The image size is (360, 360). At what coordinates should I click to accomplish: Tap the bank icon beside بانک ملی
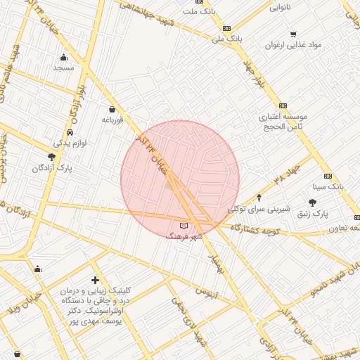[x=227, y=27]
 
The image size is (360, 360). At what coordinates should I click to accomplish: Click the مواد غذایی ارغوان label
[x=292, y=45]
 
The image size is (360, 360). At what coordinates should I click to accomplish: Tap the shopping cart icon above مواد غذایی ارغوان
[x=292, y=34]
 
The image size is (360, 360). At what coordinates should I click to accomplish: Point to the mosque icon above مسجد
[x=64, y=57]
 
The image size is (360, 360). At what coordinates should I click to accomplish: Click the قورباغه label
[x=112, y=120]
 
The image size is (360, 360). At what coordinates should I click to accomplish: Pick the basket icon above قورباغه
[x=112, y=109]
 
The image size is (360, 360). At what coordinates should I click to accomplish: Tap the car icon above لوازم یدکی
[x=70, y=132]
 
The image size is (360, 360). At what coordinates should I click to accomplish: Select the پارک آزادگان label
[x=53, y=169]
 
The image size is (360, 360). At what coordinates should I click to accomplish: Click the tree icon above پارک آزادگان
[x=52, y=157]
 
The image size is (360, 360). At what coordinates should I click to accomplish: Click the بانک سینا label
[x=328, y=188]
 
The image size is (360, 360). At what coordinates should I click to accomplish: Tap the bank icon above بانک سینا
[x=328, y=176]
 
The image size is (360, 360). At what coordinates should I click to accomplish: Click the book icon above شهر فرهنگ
[x=184, y=226]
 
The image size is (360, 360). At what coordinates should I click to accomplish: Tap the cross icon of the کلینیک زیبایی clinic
[x=95, y=281]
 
